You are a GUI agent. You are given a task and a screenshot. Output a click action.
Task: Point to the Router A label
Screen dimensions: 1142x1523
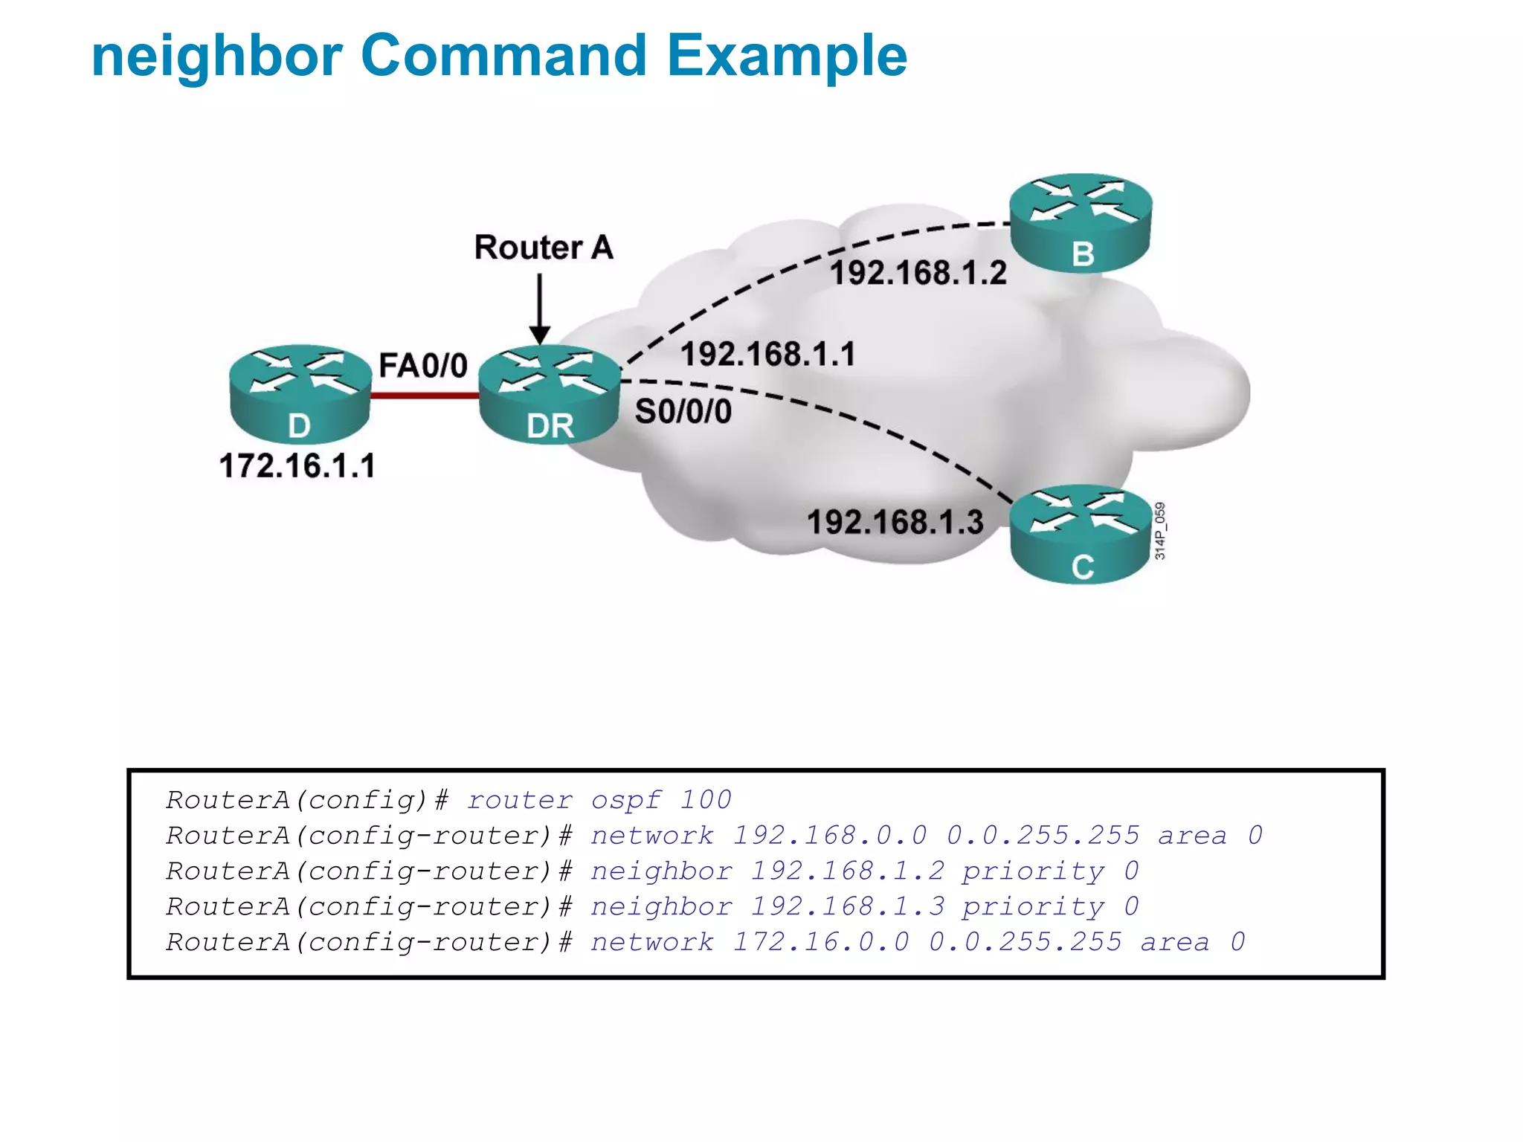544,248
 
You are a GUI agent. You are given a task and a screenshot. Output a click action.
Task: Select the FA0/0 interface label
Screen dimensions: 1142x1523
422,366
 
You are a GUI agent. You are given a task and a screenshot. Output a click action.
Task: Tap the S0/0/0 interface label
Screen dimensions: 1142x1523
683,411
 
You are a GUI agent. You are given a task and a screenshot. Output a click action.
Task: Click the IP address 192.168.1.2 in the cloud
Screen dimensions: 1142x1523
918,273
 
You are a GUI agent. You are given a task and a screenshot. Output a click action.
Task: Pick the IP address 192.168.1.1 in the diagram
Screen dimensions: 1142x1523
767,354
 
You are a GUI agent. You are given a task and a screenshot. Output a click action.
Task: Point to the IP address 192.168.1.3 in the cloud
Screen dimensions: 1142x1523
895,522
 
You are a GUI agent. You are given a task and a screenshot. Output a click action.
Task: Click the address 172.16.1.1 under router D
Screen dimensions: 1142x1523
297,466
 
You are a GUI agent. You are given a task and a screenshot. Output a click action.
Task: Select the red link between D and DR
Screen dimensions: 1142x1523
424,396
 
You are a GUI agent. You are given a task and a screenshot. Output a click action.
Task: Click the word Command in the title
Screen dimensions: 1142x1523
503,56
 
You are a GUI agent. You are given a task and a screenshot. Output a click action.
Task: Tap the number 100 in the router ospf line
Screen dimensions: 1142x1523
705,800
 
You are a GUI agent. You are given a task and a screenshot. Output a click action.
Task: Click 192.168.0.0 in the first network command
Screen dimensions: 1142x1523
830,836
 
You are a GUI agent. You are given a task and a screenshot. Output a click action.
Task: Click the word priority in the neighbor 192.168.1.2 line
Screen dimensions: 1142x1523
1033,871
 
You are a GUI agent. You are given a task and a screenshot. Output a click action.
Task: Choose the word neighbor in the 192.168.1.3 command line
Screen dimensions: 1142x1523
661,907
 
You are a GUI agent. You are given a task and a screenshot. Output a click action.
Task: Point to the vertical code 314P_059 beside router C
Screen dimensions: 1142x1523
1160,531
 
